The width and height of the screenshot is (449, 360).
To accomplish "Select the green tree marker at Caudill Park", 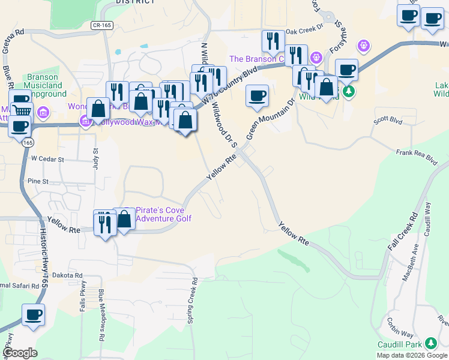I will pyautogui.click(x=430, y=343).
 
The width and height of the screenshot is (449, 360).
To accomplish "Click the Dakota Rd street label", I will pyautogui.click(x=67, y=275).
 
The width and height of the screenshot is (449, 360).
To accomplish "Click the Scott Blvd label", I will pyautogui.click(x=387, y=120).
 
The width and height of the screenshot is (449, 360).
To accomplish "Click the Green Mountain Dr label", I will pyautogui.click(x=270, y=118).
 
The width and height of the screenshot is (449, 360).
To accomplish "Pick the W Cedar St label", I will pyautogui.click(x=47, y=160).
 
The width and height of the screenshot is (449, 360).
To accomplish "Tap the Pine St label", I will pyautogui.click(x=37, y=181).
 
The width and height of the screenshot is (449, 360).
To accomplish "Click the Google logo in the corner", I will pyautogui.click(x=20, y=353).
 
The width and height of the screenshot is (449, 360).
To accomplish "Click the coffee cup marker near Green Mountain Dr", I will pyautogui.click(x=257, y=95).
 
